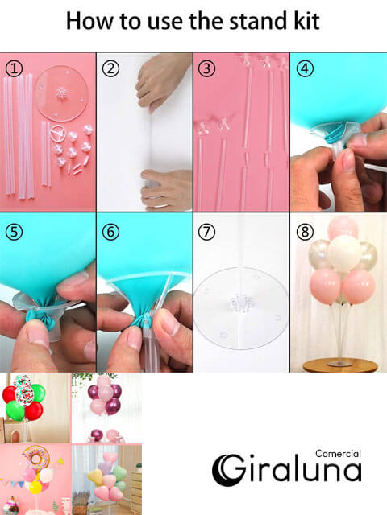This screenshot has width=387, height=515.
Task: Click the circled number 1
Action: tap(15, 68)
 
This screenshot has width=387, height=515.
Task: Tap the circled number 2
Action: tap(110, 68)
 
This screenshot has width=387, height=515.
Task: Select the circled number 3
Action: tap(207, 68)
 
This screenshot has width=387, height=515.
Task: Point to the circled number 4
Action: tap(305, 68)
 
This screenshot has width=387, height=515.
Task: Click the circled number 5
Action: tap(15, 232)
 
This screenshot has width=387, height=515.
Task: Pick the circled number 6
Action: tap(110, 232)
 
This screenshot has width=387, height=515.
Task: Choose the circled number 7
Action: tap(207, 232)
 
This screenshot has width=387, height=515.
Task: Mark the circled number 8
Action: tap(305, 232)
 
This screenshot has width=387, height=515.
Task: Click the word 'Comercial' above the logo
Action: tap(338, 454)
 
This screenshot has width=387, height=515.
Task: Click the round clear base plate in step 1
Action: tap(61, 93)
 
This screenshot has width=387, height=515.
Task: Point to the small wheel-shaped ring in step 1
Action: tap(59, 133)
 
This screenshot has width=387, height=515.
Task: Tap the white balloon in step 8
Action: tap(344, 254)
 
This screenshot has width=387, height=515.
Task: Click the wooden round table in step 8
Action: tap(339, 365)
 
